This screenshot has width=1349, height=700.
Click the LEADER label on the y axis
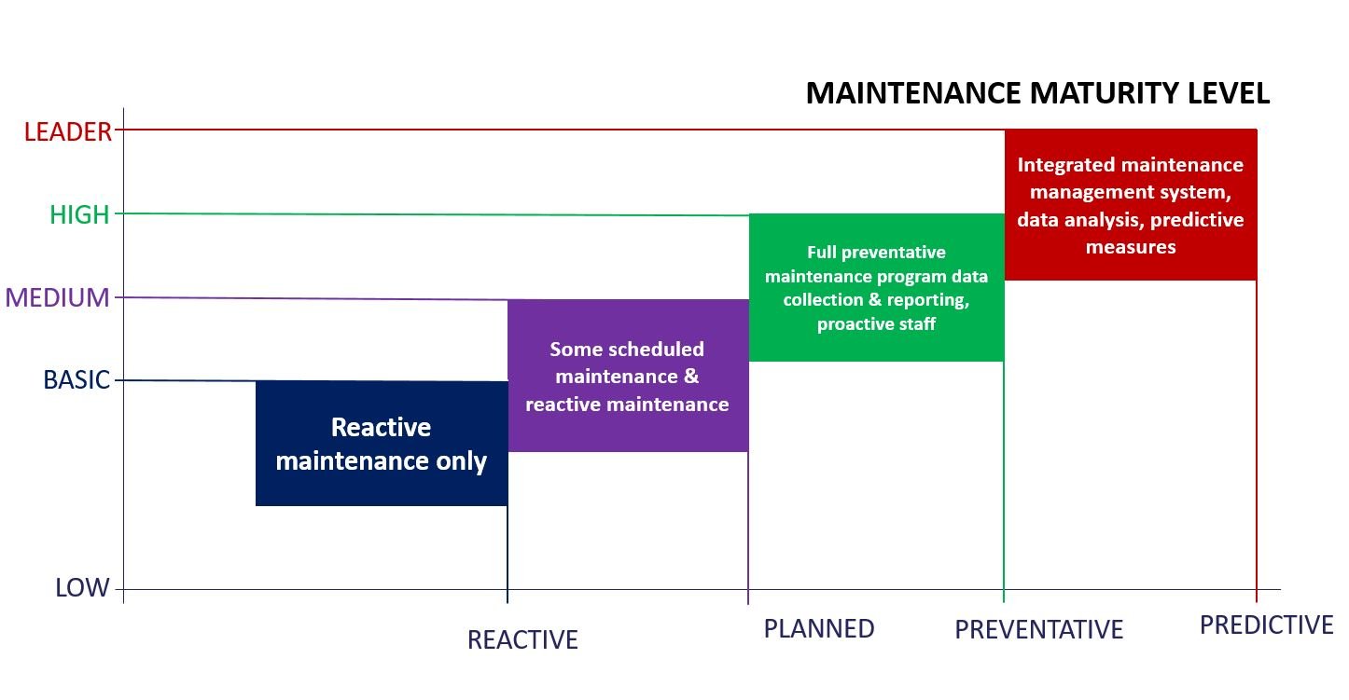pos(67,132)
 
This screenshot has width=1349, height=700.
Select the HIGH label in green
pos(79,215)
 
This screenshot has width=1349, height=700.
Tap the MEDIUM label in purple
pos(58,298)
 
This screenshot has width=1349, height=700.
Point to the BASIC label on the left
pos(76,380)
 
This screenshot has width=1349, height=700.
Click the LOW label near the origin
pos(82,588)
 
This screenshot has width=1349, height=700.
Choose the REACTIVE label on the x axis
pos(522,640)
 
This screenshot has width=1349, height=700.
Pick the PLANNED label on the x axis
pos(819,629)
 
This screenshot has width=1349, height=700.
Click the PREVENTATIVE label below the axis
pos(1038,631)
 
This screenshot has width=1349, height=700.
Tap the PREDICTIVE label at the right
pos(1266,625)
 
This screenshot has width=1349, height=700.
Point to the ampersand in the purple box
pos(690,377)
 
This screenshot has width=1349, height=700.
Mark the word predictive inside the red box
pos(1200,220)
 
